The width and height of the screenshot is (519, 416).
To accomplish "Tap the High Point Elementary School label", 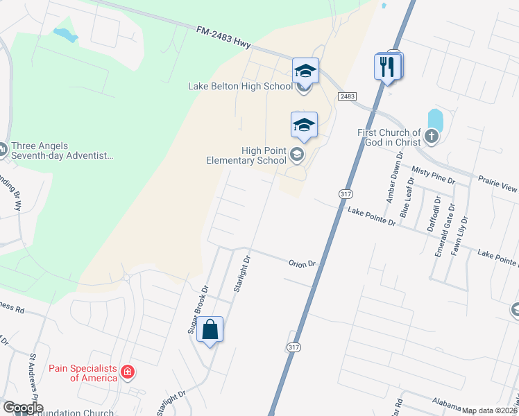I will pos(246,155).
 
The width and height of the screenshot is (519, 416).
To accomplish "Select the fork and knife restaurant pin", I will pos(386,67).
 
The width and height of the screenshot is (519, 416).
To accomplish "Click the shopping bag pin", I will pos(210,330).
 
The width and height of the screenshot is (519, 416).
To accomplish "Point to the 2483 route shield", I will pos(348,96).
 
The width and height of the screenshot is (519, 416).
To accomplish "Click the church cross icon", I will pos(432,136).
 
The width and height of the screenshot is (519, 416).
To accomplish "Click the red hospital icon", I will pos(128,373).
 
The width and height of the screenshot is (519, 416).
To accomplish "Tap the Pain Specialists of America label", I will pos(83,373).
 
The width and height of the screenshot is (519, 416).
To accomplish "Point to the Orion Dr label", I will pos(302,263).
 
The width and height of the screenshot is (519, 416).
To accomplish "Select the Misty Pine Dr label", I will pos(432,171).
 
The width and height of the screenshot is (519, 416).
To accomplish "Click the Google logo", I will pos(22,408).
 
